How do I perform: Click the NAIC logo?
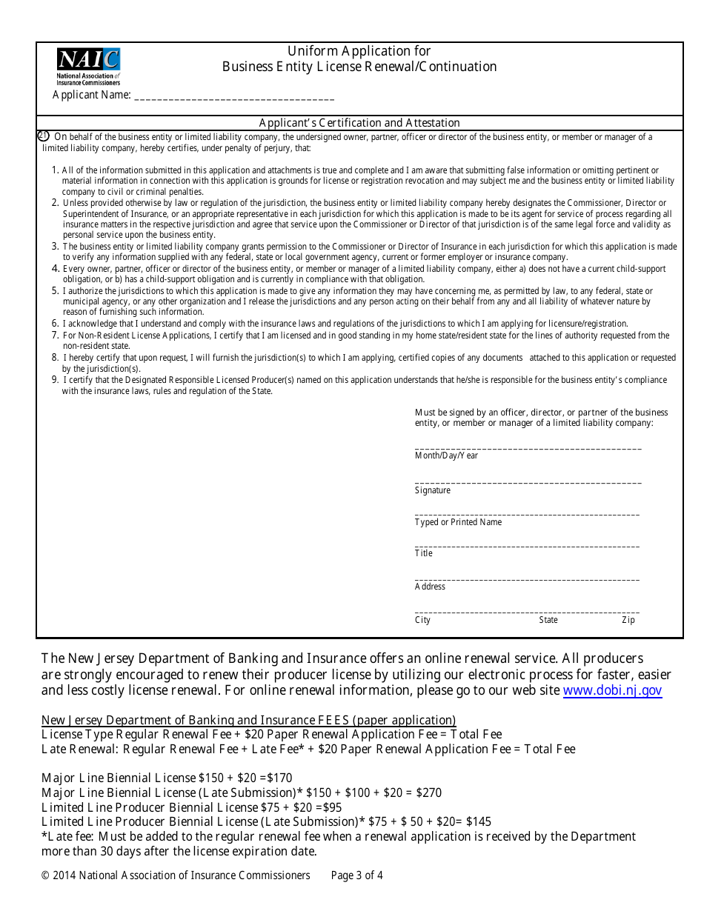pos(88,66)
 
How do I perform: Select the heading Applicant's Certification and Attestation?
pos(359,123)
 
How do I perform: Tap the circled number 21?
pos(43,136)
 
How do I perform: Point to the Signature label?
pos(432,490)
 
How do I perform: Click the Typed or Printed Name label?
pos(458,522)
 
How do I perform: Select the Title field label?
pos(423,553)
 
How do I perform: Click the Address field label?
pos(430,587)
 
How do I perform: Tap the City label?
pos(422,620)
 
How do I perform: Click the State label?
pos(548,620)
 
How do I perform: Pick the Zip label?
pos(628,620)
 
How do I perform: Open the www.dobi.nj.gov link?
pos(612,690)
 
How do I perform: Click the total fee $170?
pos(279,778)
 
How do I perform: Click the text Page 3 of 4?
pos(357,875)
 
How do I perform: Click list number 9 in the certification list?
pos(55,380)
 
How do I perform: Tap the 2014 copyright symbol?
pos(45,875)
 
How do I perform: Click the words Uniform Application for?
pos(359,51)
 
